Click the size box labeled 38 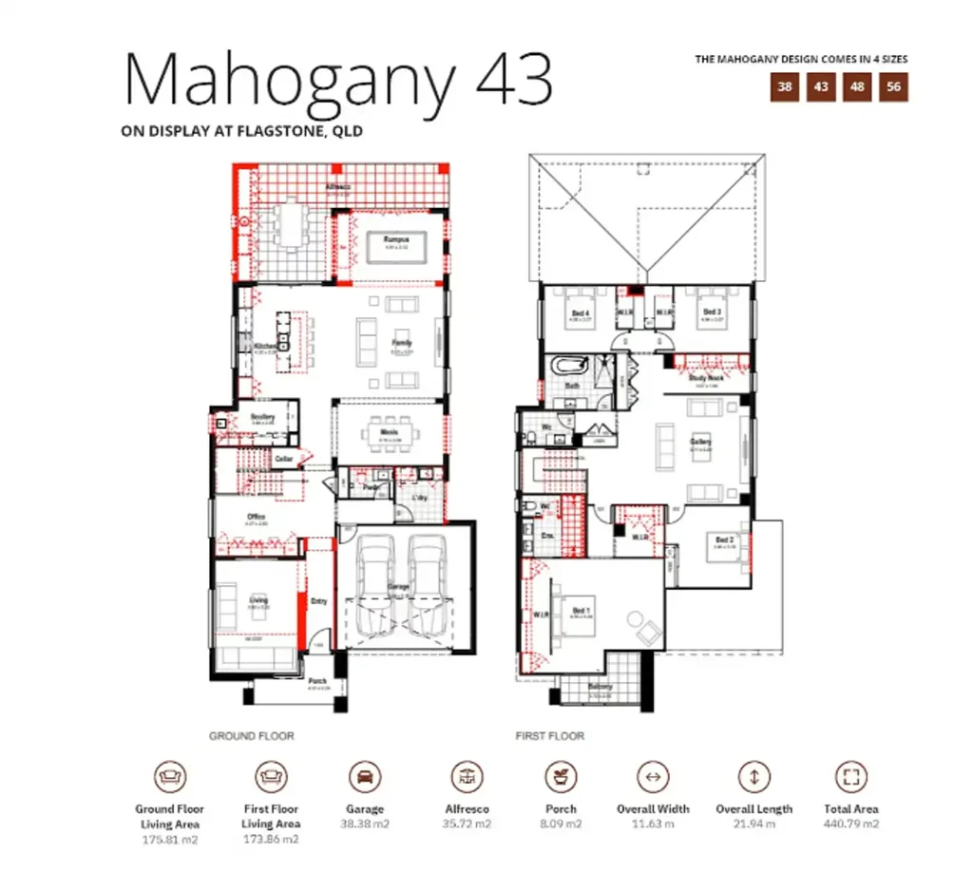785,87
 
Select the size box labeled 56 894,87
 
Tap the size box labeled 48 857,87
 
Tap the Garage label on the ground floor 398,588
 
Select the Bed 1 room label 582,611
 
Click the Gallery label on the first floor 701,443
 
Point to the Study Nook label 706,378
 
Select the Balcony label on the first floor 600,687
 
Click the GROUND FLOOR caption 251,736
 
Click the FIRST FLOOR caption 549,736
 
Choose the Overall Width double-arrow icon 653,776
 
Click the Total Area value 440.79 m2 851,824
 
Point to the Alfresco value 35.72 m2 468,824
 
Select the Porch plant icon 562,776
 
